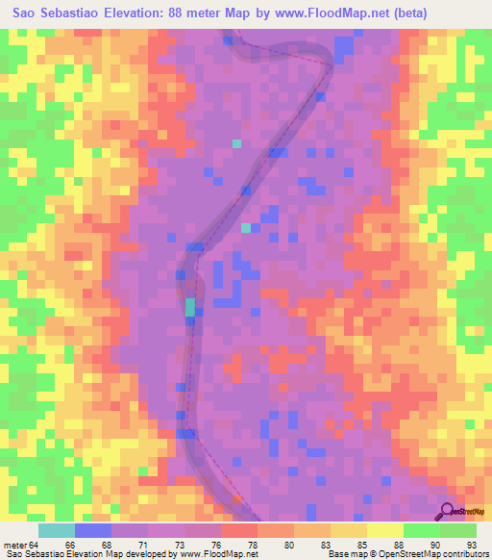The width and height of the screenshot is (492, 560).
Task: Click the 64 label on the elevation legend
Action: [x=35, y=545]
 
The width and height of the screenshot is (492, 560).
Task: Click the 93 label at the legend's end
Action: [x=470, y=545]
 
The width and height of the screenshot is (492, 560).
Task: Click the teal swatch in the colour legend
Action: [x=57, y=530]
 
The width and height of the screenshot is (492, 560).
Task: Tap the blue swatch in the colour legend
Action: [x=93, y=530]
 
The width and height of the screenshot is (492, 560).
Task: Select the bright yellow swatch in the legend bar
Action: [x=385, y=530]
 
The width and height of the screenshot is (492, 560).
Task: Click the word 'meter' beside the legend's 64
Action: [x=14, y=545]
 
